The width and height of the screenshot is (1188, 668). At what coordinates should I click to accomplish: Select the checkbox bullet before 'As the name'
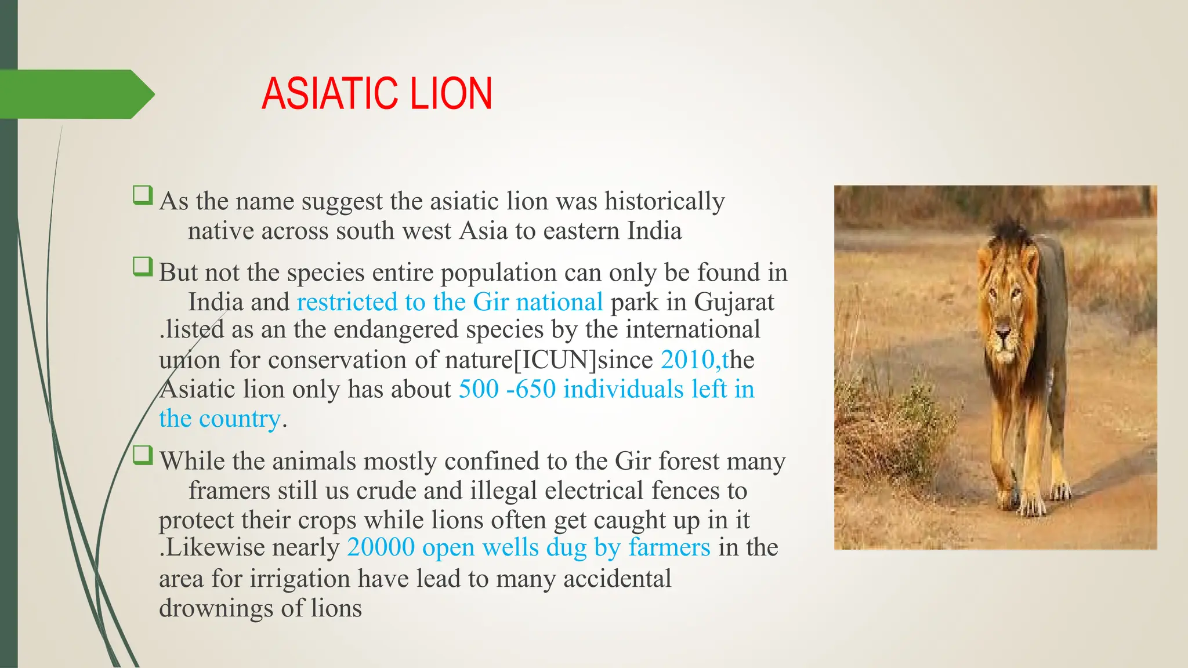click(x=142, y=195)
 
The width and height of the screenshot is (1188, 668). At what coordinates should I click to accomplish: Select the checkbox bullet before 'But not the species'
click(x=142, y=267)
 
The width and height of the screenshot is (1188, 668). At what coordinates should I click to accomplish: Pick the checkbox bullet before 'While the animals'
click(x=142, y=455)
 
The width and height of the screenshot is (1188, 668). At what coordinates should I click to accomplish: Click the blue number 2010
click(x=689, y=360)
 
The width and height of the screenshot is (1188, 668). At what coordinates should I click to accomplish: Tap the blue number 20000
click(x=381, y=547)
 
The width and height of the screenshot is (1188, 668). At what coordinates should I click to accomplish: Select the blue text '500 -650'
click(x=507, y=389)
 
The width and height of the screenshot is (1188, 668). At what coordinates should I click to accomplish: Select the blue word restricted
click(x=346, y=302)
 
